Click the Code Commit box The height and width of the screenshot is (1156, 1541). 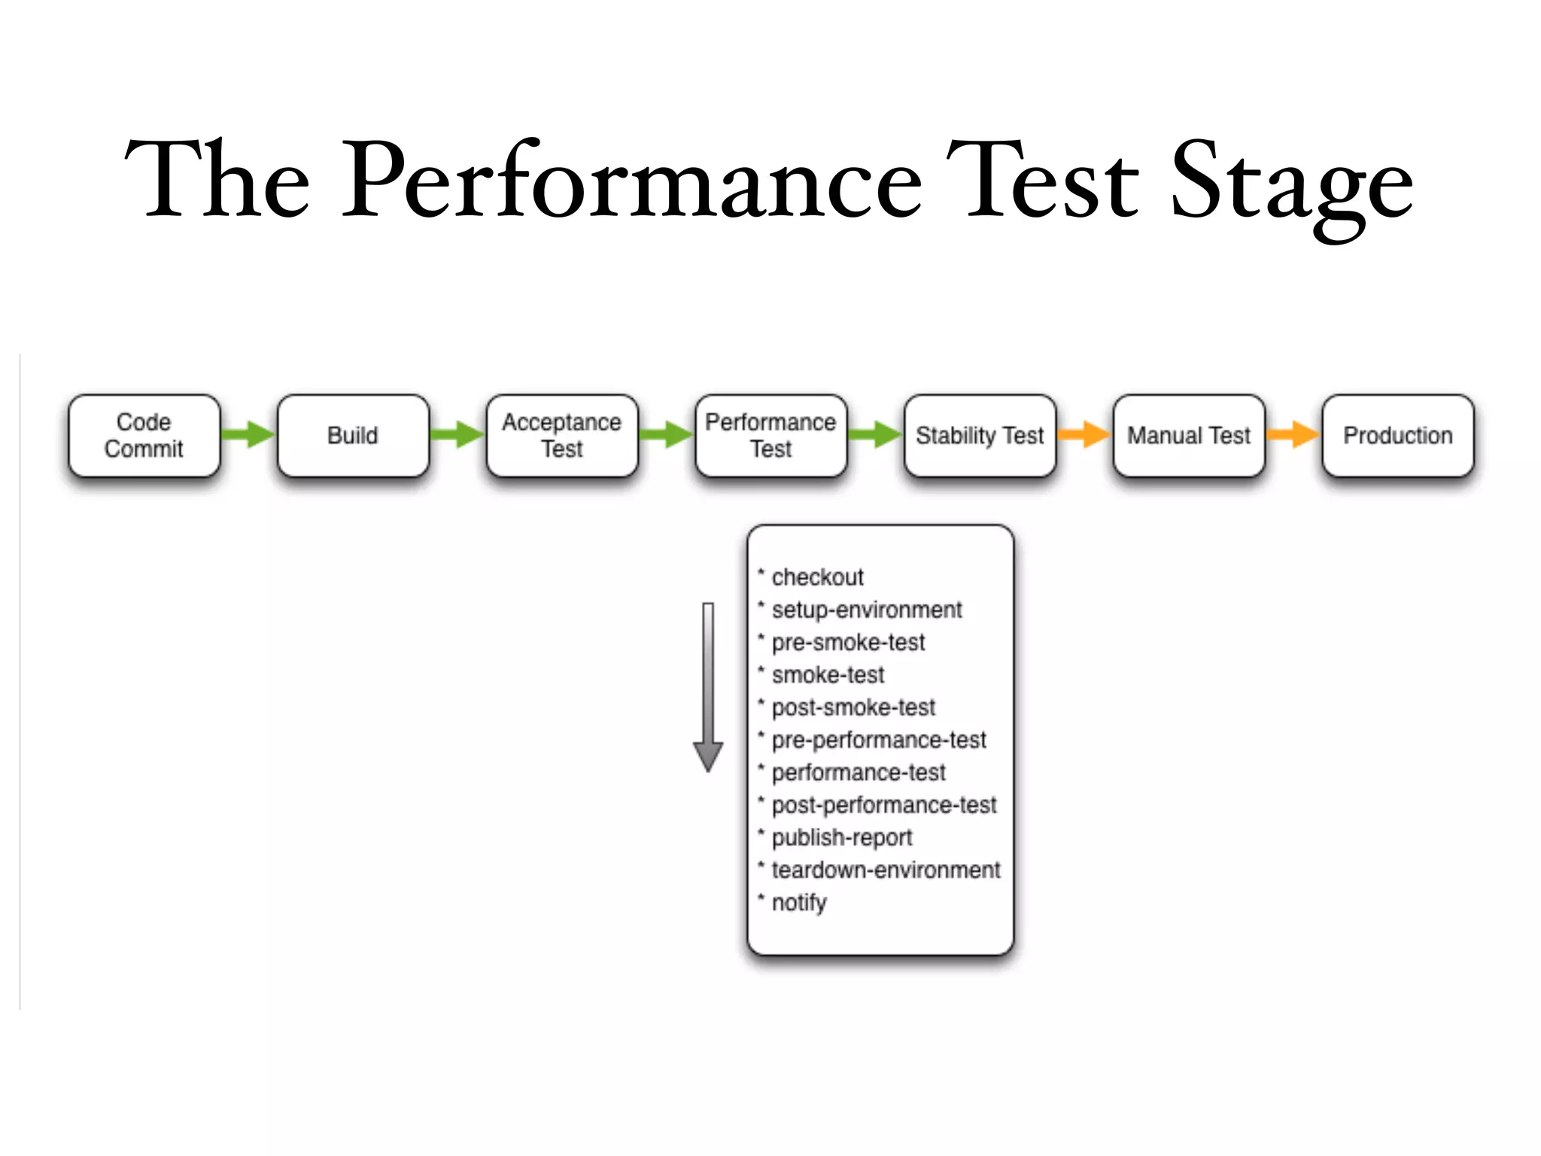tap(144, 436)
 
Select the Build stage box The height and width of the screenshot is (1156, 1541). tap(353, 436)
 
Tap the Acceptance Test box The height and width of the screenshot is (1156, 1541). tap(562, 436)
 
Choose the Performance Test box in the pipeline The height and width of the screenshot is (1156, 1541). tap(770, 436)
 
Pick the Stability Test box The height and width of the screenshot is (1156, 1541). tap(980, 436)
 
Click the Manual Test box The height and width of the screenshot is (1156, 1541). tap(1189, 436)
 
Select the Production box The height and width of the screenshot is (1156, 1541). tap(1397, 436)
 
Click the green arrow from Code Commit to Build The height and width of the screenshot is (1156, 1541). tap(248, 434)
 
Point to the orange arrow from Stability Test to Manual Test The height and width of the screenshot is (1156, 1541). tap(1084, 434)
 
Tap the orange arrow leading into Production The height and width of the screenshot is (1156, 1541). tap(1293, 434)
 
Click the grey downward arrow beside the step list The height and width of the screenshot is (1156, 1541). tap(708, 685)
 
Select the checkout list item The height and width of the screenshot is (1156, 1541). tap(817, 577)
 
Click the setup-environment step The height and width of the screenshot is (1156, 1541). tap(866, 610)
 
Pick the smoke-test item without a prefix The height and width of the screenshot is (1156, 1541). tap(828, 675)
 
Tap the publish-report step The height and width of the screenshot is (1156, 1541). tap(841, 838)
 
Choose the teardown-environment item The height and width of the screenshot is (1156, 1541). tap(886, 870)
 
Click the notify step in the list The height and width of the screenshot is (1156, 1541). tap(799, 902)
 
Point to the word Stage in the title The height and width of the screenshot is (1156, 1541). tap(1291, 184)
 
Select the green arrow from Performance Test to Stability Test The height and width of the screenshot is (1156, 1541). tap(875, 434)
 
